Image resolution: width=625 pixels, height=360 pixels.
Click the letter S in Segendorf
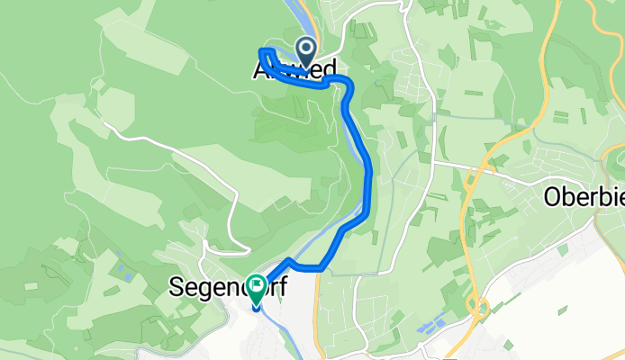tap(176, 289)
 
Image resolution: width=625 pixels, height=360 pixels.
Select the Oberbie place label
tap(584, 198)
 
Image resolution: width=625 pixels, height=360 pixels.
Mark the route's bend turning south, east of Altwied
tap(346, 84)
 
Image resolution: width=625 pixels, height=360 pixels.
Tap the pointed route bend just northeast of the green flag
tap(289, 261)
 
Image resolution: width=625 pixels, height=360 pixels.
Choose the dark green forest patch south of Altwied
tap(288, 126)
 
